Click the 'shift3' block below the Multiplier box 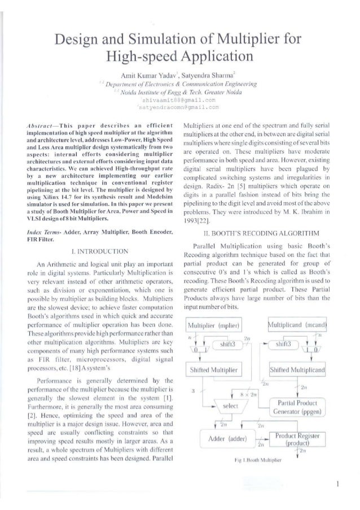[x=226, y=346]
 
